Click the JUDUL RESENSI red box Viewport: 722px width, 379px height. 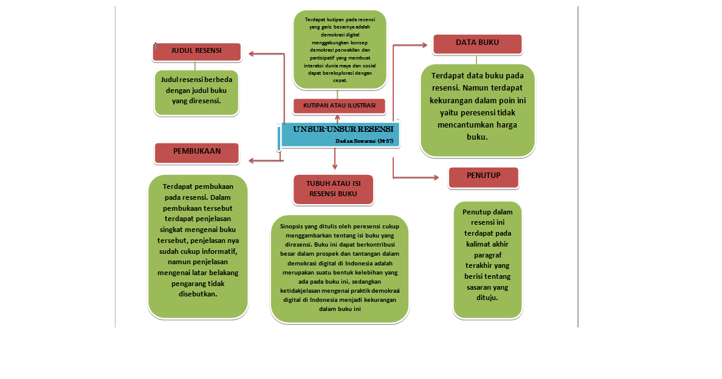tap(196, 52)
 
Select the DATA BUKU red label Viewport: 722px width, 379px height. tap(477, 44)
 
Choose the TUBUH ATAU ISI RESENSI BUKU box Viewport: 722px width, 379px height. tap(333, 189)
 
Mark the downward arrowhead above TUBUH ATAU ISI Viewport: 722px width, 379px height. tap(334, 166)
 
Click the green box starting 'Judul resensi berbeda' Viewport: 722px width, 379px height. tap(196, 90)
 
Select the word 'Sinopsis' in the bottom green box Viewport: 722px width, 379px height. tap(292, 226)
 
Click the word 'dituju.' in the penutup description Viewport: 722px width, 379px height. tap(487, 298)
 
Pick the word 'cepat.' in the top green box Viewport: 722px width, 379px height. tap(340, 80)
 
